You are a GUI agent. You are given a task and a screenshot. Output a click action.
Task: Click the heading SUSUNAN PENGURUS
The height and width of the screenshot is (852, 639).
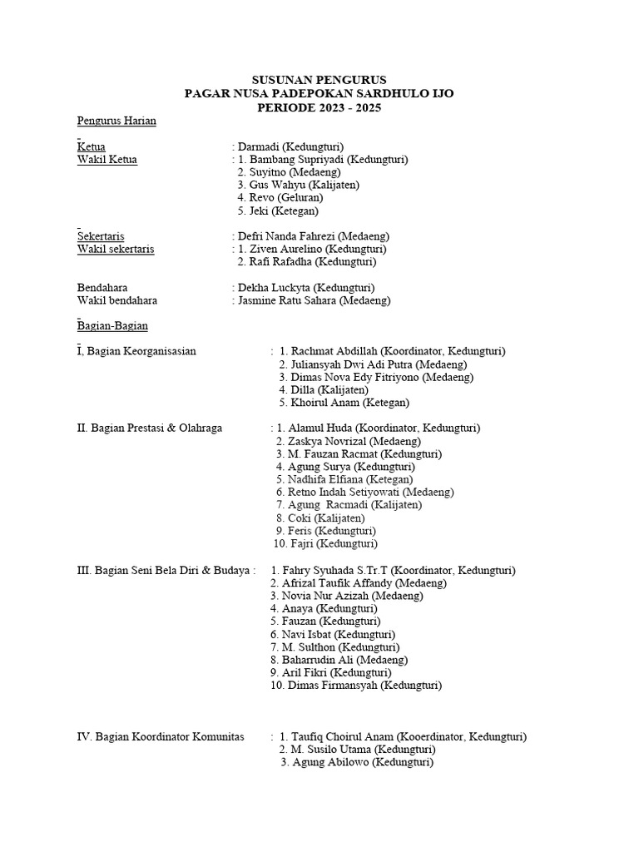point(319,80)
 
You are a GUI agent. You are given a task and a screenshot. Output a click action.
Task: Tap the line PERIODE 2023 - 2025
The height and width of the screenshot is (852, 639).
point(319,107)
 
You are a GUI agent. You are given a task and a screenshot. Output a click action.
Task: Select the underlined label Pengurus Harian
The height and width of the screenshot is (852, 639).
point(116,121)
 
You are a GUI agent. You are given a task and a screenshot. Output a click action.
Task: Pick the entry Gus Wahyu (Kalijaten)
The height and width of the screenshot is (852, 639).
point(298,185)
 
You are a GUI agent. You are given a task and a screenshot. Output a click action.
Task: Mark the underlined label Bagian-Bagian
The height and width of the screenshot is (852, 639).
point(112,325)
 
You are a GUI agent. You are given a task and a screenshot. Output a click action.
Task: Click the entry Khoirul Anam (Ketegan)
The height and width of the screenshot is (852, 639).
point(349,403)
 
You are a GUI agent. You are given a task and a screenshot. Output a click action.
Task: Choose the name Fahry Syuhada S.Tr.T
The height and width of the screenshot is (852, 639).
point(337,571)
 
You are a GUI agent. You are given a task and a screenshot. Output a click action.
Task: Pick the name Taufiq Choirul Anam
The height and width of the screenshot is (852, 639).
point(341,737)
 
